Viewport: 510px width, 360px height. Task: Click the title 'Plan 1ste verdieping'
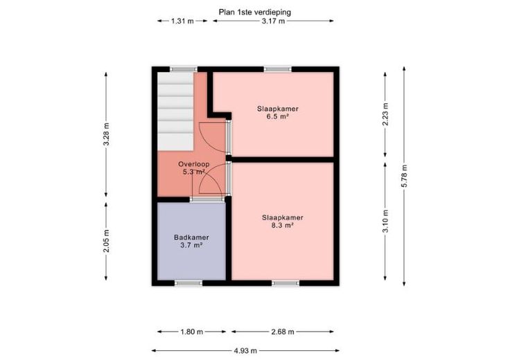coord(255,12)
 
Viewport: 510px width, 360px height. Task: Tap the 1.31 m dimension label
coord(182,21)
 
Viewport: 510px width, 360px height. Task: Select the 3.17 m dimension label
coord(273,21)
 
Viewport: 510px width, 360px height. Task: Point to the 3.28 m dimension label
coord(106,134)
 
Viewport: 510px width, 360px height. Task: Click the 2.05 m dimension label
coord(106,241)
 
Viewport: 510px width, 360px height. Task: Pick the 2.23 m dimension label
coord(385,114)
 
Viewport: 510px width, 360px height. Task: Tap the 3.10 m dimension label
coord(385,222)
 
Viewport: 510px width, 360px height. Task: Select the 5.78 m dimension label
coord(404,176)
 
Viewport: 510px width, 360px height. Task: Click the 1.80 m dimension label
coord(191,332)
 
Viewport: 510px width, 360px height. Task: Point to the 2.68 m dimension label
coord(283,332)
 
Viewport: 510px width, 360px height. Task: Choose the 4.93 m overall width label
coord(245,350)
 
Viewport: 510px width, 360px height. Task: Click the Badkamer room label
coord(191,237)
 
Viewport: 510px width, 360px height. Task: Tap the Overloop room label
coord(193,164)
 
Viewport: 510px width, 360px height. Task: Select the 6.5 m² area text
coord(278,116)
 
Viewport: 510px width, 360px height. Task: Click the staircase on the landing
coord(175,111)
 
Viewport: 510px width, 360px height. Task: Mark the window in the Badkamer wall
coord(188,283)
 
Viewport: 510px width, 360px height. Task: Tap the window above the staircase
coord(184,69)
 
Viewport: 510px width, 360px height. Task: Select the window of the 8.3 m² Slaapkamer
coord(285,283)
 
